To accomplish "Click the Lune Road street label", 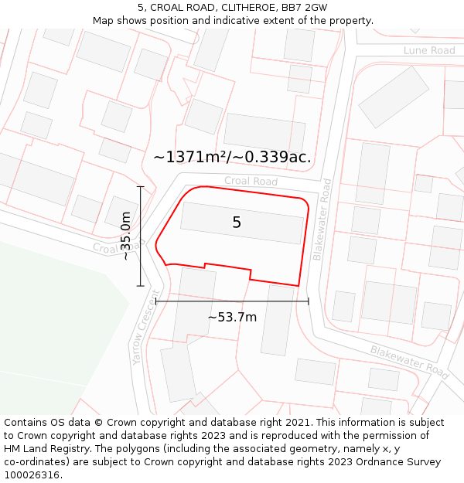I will coord(429,50).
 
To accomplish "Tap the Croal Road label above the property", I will coord(251,182).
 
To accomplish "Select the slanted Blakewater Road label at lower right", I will coord(409,362).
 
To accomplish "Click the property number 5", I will coord(237,223).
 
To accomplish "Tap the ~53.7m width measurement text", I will coord(232,317).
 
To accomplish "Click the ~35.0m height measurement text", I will coord(126,236).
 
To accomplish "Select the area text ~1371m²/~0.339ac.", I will coord(232,157).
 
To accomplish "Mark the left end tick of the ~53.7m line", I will coord(156,301).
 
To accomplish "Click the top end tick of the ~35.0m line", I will coord(141,187).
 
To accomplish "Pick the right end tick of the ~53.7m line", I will coord(309,301).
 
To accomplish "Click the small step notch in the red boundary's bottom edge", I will coord(204,267).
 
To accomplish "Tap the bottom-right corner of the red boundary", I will coord(298,286).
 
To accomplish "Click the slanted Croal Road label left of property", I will coord(118,247).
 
